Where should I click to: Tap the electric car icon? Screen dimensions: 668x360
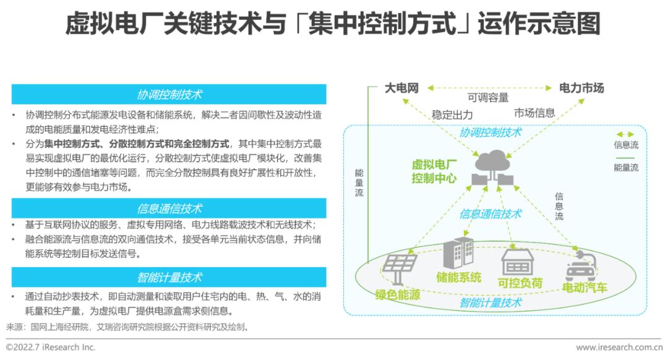tap(580, 266)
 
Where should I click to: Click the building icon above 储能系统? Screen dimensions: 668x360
tap(458, 253)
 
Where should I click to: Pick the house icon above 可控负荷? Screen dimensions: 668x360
tap(518, 262)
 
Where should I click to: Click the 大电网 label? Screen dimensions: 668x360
tap(401, 88)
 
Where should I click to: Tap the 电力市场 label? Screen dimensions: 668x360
tap(581, 88)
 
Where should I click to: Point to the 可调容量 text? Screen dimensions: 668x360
tap(488, 98)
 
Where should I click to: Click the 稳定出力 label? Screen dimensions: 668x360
tap(452, 114)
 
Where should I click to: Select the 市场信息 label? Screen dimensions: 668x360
tap(534, 113)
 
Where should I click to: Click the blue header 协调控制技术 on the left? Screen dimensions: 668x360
tap(169, 94)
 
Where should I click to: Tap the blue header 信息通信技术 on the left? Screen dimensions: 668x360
tap(169, 208)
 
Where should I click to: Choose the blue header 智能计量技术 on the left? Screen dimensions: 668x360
tap(169, 277)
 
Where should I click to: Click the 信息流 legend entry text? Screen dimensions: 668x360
tap(626, 145)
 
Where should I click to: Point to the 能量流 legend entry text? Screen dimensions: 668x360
tap(626, 168)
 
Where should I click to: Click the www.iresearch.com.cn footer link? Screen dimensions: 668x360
tap(619, 347)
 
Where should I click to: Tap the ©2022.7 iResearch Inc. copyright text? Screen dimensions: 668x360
tap(51, 347)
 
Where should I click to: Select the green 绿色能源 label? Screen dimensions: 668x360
tap(398, 294)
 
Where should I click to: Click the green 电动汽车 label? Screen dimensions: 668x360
tap(584, 288)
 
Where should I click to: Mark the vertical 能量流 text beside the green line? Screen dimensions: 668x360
tap(359, 182)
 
